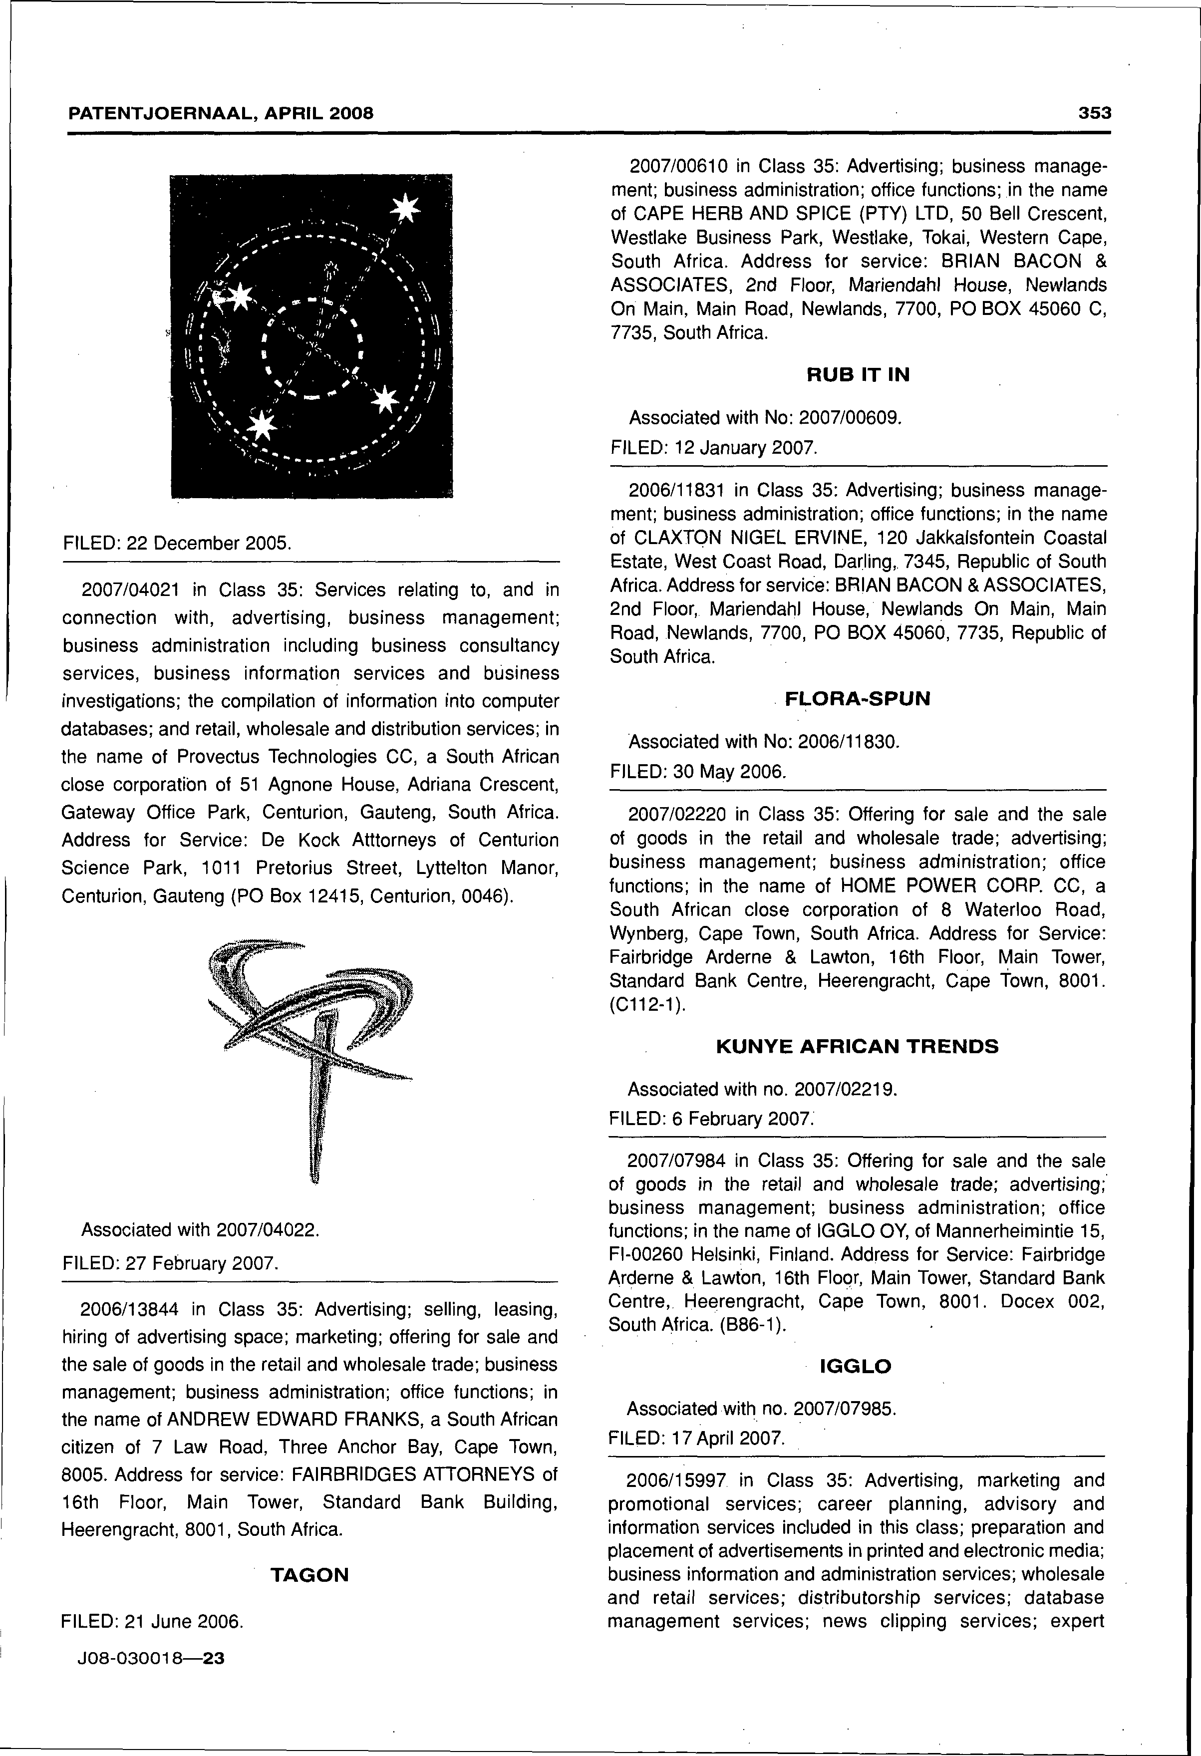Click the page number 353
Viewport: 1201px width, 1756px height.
pyautogui.click(x=1095, y=113)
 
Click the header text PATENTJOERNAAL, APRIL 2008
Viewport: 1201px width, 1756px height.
pyautogui.click(x=221, y=114)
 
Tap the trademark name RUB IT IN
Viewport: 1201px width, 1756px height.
pyautogui.click(x=858, y=375)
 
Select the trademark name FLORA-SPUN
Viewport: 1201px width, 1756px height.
pyautogui.click(x=858, y=699)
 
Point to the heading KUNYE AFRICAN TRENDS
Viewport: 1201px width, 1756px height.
pyautogui.click(x=857, y=1047)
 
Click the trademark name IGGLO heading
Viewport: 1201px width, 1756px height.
pyautogui.click(x=856, y=1366)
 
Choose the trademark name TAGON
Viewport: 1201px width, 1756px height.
pyautogui.click(x=310, y=1575)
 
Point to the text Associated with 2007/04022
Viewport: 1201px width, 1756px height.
pyautogui.click(x=200, y=1230)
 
